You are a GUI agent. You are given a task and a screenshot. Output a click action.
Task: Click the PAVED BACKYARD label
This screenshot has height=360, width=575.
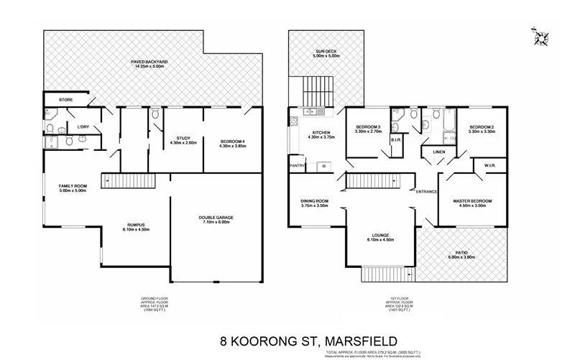point(149,63)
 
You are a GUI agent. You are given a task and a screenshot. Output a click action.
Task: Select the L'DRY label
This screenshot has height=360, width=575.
point(83,128)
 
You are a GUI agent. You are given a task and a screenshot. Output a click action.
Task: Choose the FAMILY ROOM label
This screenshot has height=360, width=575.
point(73,186)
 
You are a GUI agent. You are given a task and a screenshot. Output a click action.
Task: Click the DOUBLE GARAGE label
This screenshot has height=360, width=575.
point(216,217)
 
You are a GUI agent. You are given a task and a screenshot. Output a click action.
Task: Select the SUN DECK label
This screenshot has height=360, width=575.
point(324,51)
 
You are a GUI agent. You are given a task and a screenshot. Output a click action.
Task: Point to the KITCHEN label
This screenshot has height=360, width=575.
point(320,132)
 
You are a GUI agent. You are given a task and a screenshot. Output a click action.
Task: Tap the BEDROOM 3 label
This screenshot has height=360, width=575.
point(367,126)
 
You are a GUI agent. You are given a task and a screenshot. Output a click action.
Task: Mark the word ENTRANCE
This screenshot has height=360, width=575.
point(427,191)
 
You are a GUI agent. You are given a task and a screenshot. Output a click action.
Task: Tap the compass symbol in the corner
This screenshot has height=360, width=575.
point(540,37)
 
